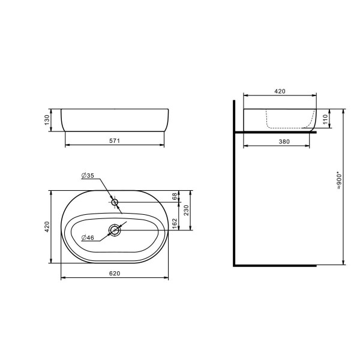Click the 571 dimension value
pos(115,141)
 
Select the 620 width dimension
pos(115,274)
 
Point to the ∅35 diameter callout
pos(88,176)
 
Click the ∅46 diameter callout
pos(88,238)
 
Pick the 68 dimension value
pos(175,196)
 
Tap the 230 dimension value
pos(187,211)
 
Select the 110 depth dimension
pos(326,119)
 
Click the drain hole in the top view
pos(115,229)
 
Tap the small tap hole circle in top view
pos(115,202)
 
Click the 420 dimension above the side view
pos(280,91)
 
